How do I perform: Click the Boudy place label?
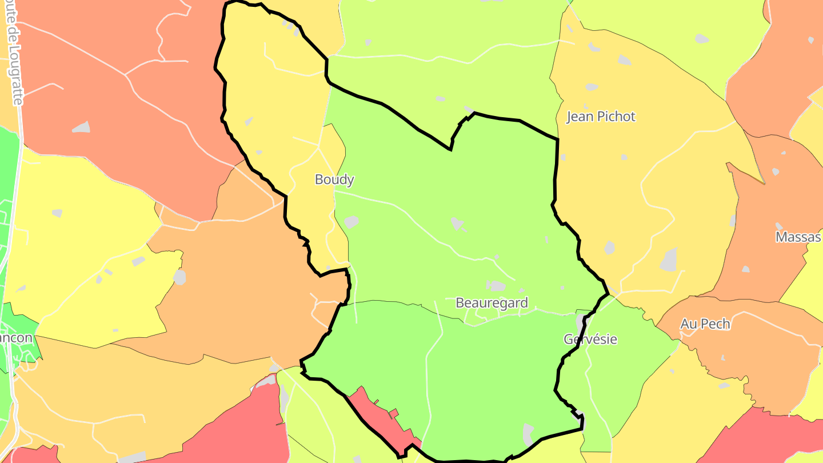pos(334,179)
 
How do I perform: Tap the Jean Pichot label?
pos(601,117)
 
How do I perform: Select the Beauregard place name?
pos(492,303)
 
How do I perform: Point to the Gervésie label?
pos(590,339)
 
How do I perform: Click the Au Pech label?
pos(705,324)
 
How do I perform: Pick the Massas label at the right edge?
pos(798,237)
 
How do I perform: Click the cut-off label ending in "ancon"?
pos(16,337)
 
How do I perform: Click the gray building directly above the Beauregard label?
pos(496,285)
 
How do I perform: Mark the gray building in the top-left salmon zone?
pos(81,127)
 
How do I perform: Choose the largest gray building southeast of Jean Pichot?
pos(669,260)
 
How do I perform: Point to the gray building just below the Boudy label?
pos(351,222)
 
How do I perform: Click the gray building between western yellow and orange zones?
pos(179,277)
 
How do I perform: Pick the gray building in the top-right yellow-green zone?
pos(701,39)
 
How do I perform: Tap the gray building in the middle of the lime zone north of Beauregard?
pos(457,223)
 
